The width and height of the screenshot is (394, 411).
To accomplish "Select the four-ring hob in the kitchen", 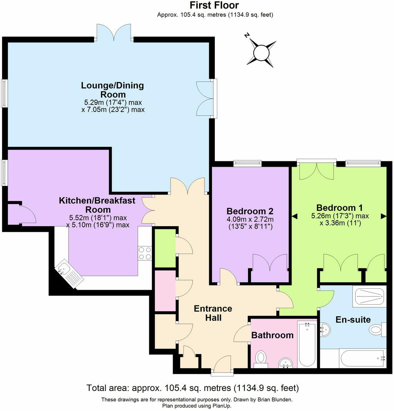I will [145, 253].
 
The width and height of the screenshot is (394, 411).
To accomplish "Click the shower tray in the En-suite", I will [369, 296].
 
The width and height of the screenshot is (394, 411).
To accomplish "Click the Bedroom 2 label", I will [250, 210].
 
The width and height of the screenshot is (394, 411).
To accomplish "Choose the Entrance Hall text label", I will [213, 313].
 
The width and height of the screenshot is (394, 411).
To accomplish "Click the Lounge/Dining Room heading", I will [112, 90].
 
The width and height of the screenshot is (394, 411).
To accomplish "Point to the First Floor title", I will [214, 5].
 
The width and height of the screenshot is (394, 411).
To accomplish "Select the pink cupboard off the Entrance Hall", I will [165, 290].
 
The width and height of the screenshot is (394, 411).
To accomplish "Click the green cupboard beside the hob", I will [165, 248].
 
